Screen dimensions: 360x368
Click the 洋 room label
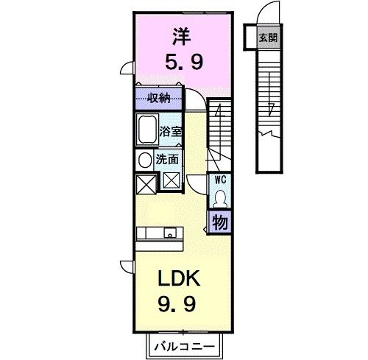180,34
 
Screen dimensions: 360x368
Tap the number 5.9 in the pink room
182,63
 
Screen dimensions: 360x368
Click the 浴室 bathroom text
171,133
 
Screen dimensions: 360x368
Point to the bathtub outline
147,130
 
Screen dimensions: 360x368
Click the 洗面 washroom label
166,159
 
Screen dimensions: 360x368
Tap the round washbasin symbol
143,159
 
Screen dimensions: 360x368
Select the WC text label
219,178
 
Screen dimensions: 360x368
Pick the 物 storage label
219,221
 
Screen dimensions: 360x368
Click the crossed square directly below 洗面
171,181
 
